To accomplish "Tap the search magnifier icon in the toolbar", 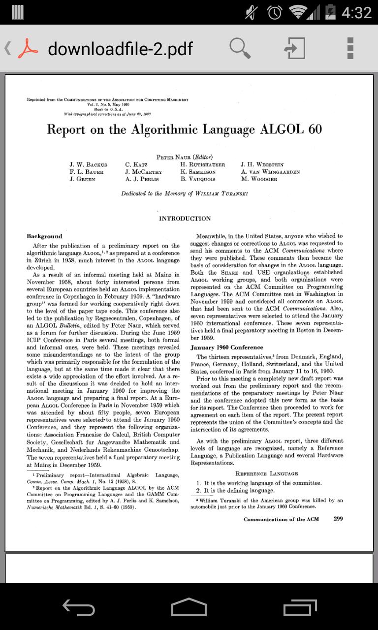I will click(240, 48).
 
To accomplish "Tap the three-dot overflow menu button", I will click(350, 48).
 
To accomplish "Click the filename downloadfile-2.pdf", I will click(120, 49).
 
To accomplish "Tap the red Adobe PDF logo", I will click(28, 48).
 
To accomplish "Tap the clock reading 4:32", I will click(357, 12).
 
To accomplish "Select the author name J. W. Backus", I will click(88, 165).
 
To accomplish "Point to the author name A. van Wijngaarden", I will click(270, 172).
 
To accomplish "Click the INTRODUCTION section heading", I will click(185, 219).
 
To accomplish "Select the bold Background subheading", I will click(44, 236).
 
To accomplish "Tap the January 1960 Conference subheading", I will click(226, 347).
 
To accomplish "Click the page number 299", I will click(338, 519).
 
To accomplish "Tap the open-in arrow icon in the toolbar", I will click(294, 48).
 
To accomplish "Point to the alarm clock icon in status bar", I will click(275, 12).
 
